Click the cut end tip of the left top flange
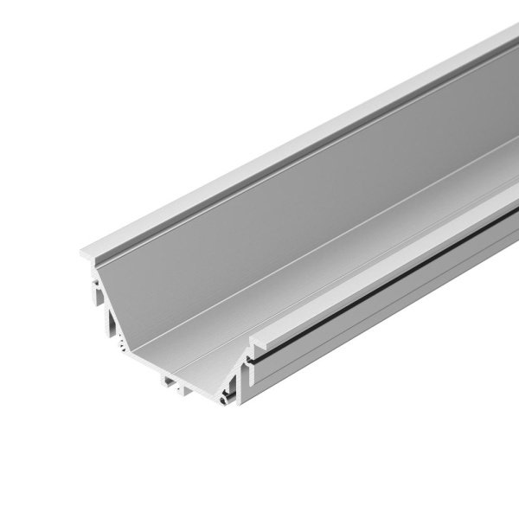84,254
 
